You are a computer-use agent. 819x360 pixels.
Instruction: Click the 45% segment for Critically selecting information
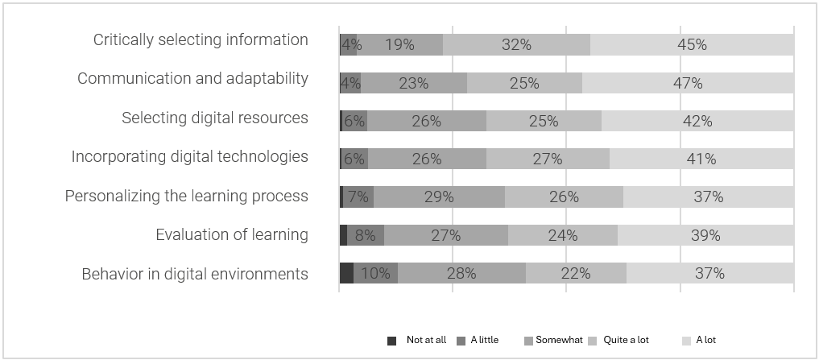(691, 45)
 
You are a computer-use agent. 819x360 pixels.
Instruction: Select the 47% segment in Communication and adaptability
(687, 83)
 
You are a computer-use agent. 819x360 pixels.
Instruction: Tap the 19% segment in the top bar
(399, 45)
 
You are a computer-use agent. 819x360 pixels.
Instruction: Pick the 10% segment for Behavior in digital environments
(375, 273)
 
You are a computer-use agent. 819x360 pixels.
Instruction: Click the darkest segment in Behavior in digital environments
(346, 273)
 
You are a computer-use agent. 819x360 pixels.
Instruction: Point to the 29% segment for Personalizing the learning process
(439, 197)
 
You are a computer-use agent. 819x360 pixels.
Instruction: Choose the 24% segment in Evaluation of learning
(562, 235)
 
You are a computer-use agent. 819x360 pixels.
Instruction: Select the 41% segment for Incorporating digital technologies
(701, 159)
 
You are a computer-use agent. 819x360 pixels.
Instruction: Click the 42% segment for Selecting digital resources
(697, 121)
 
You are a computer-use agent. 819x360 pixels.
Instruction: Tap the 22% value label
(575, 274)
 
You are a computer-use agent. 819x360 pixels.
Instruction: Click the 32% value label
(516, 45)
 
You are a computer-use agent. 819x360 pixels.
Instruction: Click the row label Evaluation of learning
(232, 235)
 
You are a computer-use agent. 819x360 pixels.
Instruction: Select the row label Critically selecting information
(201, 40)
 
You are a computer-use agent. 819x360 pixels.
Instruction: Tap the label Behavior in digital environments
(195, 274)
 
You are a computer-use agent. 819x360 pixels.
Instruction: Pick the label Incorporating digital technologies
(190, 156)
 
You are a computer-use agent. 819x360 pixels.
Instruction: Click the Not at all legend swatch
(392, 341)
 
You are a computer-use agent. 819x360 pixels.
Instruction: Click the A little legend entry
(478, 341)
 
